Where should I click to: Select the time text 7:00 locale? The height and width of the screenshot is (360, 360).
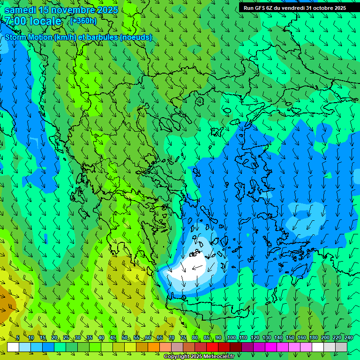click(33, 21)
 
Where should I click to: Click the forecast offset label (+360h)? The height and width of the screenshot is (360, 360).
click(83, 21)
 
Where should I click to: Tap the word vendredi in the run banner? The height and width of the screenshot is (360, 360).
click(290, 7)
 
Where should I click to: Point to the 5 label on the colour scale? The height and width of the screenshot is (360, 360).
click(18, 338)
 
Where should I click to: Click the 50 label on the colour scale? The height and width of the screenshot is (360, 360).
click(124, 338)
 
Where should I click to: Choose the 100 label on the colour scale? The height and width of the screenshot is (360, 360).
click(231, 338)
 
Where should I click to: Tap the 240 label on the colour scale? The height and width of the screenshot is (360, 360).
click(349, 338)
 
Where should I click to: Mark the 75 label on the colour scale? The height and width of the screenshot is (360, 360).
click(183, 338)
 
